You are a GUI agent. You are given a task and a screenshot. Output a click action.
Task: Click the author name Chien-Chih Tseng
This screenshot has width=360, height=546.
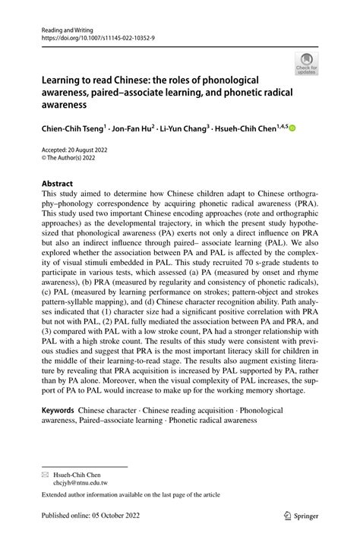click(x=70, y=130)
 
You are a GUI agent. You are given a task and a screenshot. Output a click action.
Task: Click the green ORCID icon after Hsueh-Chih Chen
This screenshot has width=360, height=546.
click(x=292, y=130)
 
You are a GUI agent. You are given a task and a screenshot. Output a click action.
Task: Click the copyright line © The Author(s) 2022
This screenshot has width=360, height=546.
click(x=70, y=160)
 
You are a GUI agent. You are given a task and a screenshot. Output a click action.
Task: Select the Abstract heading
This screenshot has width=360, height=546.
click(x=57, y=184)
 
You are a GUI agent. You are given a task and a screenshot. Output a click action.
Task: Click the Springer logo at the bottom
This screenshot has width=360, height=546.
click(x=302, y=516)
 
